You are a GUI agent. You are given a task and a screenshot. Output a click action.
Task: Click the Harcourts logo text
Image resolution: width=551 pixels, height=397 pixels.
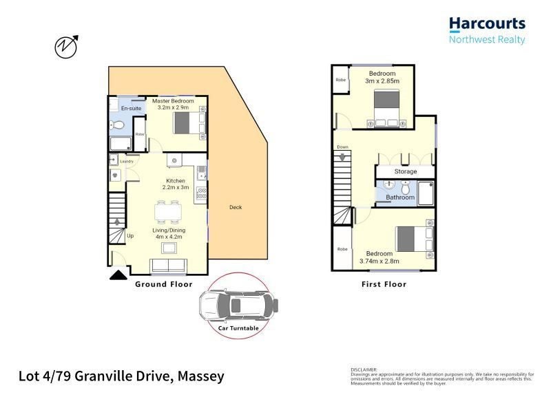click(487, 25)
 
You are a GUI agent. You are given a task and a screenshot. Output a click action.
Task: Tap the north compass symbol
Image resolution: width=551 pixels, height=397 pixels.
click(65, 46)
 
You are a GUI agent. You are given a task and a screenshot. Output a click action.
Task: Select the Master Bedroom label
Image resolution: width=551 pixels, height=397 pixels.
click(173, 101)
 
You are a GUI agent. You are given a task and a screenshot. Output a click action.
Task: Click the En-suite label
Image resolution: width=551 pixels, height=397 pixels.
click(130, 109)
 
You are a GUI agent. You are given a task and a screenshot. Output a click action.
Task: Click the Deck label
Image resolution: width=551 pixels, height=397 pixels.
click(236, 207)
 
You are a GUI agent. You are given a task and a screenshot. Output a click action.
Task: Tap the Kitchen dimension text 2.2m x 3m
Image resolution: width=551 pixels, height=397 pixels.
click(175, 187)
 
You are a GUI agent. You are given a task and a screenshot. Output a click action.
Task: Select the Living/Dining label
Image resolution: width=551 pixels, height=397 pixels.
click(169, 230)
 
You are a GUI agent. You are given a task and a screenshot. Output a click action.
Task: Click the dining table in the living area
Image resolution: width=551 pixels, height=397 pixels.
click(169, 213)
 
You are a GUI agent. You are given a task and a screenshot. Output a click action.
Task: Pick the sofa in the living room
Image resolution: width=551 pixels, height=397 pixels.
click(168, 266)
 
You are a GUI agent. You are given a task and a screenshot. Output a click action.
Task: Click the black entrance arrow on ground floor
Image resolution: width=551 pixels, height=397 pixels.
click(118, 276)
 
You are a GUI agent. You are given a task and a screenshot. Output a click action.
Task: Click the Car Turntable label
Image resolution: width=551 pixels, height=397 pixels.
click(238, 329)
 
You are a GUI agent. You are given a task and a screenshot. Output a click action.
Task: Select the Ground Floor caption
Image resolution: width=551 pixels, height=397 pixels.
click(163, 284)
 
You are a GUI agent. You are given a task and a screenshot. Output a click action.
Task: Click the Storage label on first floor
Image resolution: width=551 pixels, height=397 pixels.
click(405, 171)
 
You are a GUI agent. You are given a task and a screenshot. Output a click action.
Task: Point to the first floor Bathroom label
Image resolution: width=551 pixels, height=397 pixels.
click(400, 197)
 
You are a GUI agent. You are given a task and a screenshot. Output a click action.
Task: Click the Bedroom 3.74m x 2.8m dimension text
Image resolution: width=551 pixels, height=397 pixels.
click(380, 261)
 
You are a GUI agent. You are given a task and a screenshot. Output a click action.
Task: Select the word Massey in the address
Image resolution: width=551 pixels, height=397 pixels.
click(201, 376)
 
